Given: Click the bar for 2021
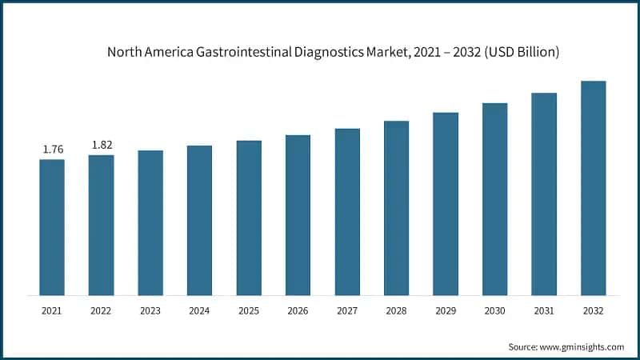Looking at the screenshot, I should point(52,227).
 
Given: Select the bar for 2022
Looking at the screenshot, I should point(101,225).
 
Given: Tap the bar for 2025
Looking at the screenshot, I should point(249,218).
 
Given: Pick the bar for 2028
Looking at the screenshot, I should point(396,208).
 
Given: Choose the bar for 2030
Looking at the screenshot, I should point(494,199).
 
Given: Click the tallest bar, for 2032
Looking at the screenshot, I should point(593,188).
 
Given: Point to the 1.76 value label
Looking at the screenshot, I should point(52,149).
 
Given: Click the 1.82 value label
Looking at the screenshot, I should point(101,145).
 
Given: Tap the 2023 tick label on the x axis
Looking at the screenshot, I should point(150,310).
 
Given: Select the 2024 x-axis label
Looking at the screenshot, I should point(199,310).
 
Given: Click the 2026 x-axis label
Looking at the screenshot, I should point(298,310).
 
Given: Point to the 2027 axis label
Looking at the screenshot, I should point(347,310).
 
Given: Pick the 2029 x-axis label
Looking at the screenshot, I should point(446,310).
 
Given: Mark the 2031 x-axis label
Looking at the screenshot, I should point(544,310).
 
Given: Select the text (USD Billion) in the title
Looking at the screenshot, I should point(517,53).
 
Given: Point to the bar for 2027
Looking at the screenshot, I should point(347,212).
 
